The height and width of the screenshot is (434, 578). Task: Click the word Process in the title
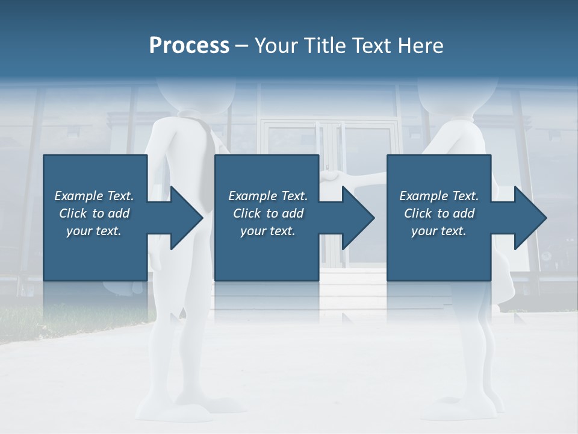pos(189,46)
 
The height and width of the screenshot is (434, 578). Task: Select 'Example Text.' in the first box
pos(94,196)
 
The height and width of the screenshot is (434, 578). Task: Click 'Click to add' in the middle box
pos(268,213)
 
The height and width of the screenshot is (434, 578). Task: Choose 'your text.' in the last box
pos(439,231)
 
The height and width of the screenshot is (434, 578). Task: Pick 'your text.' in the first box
pos(94,231)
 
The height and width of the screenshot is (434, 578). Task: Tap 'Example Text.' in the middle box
pos(268,196)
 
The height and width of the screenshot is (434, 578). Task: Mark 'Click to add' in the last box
pos(439,213)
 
